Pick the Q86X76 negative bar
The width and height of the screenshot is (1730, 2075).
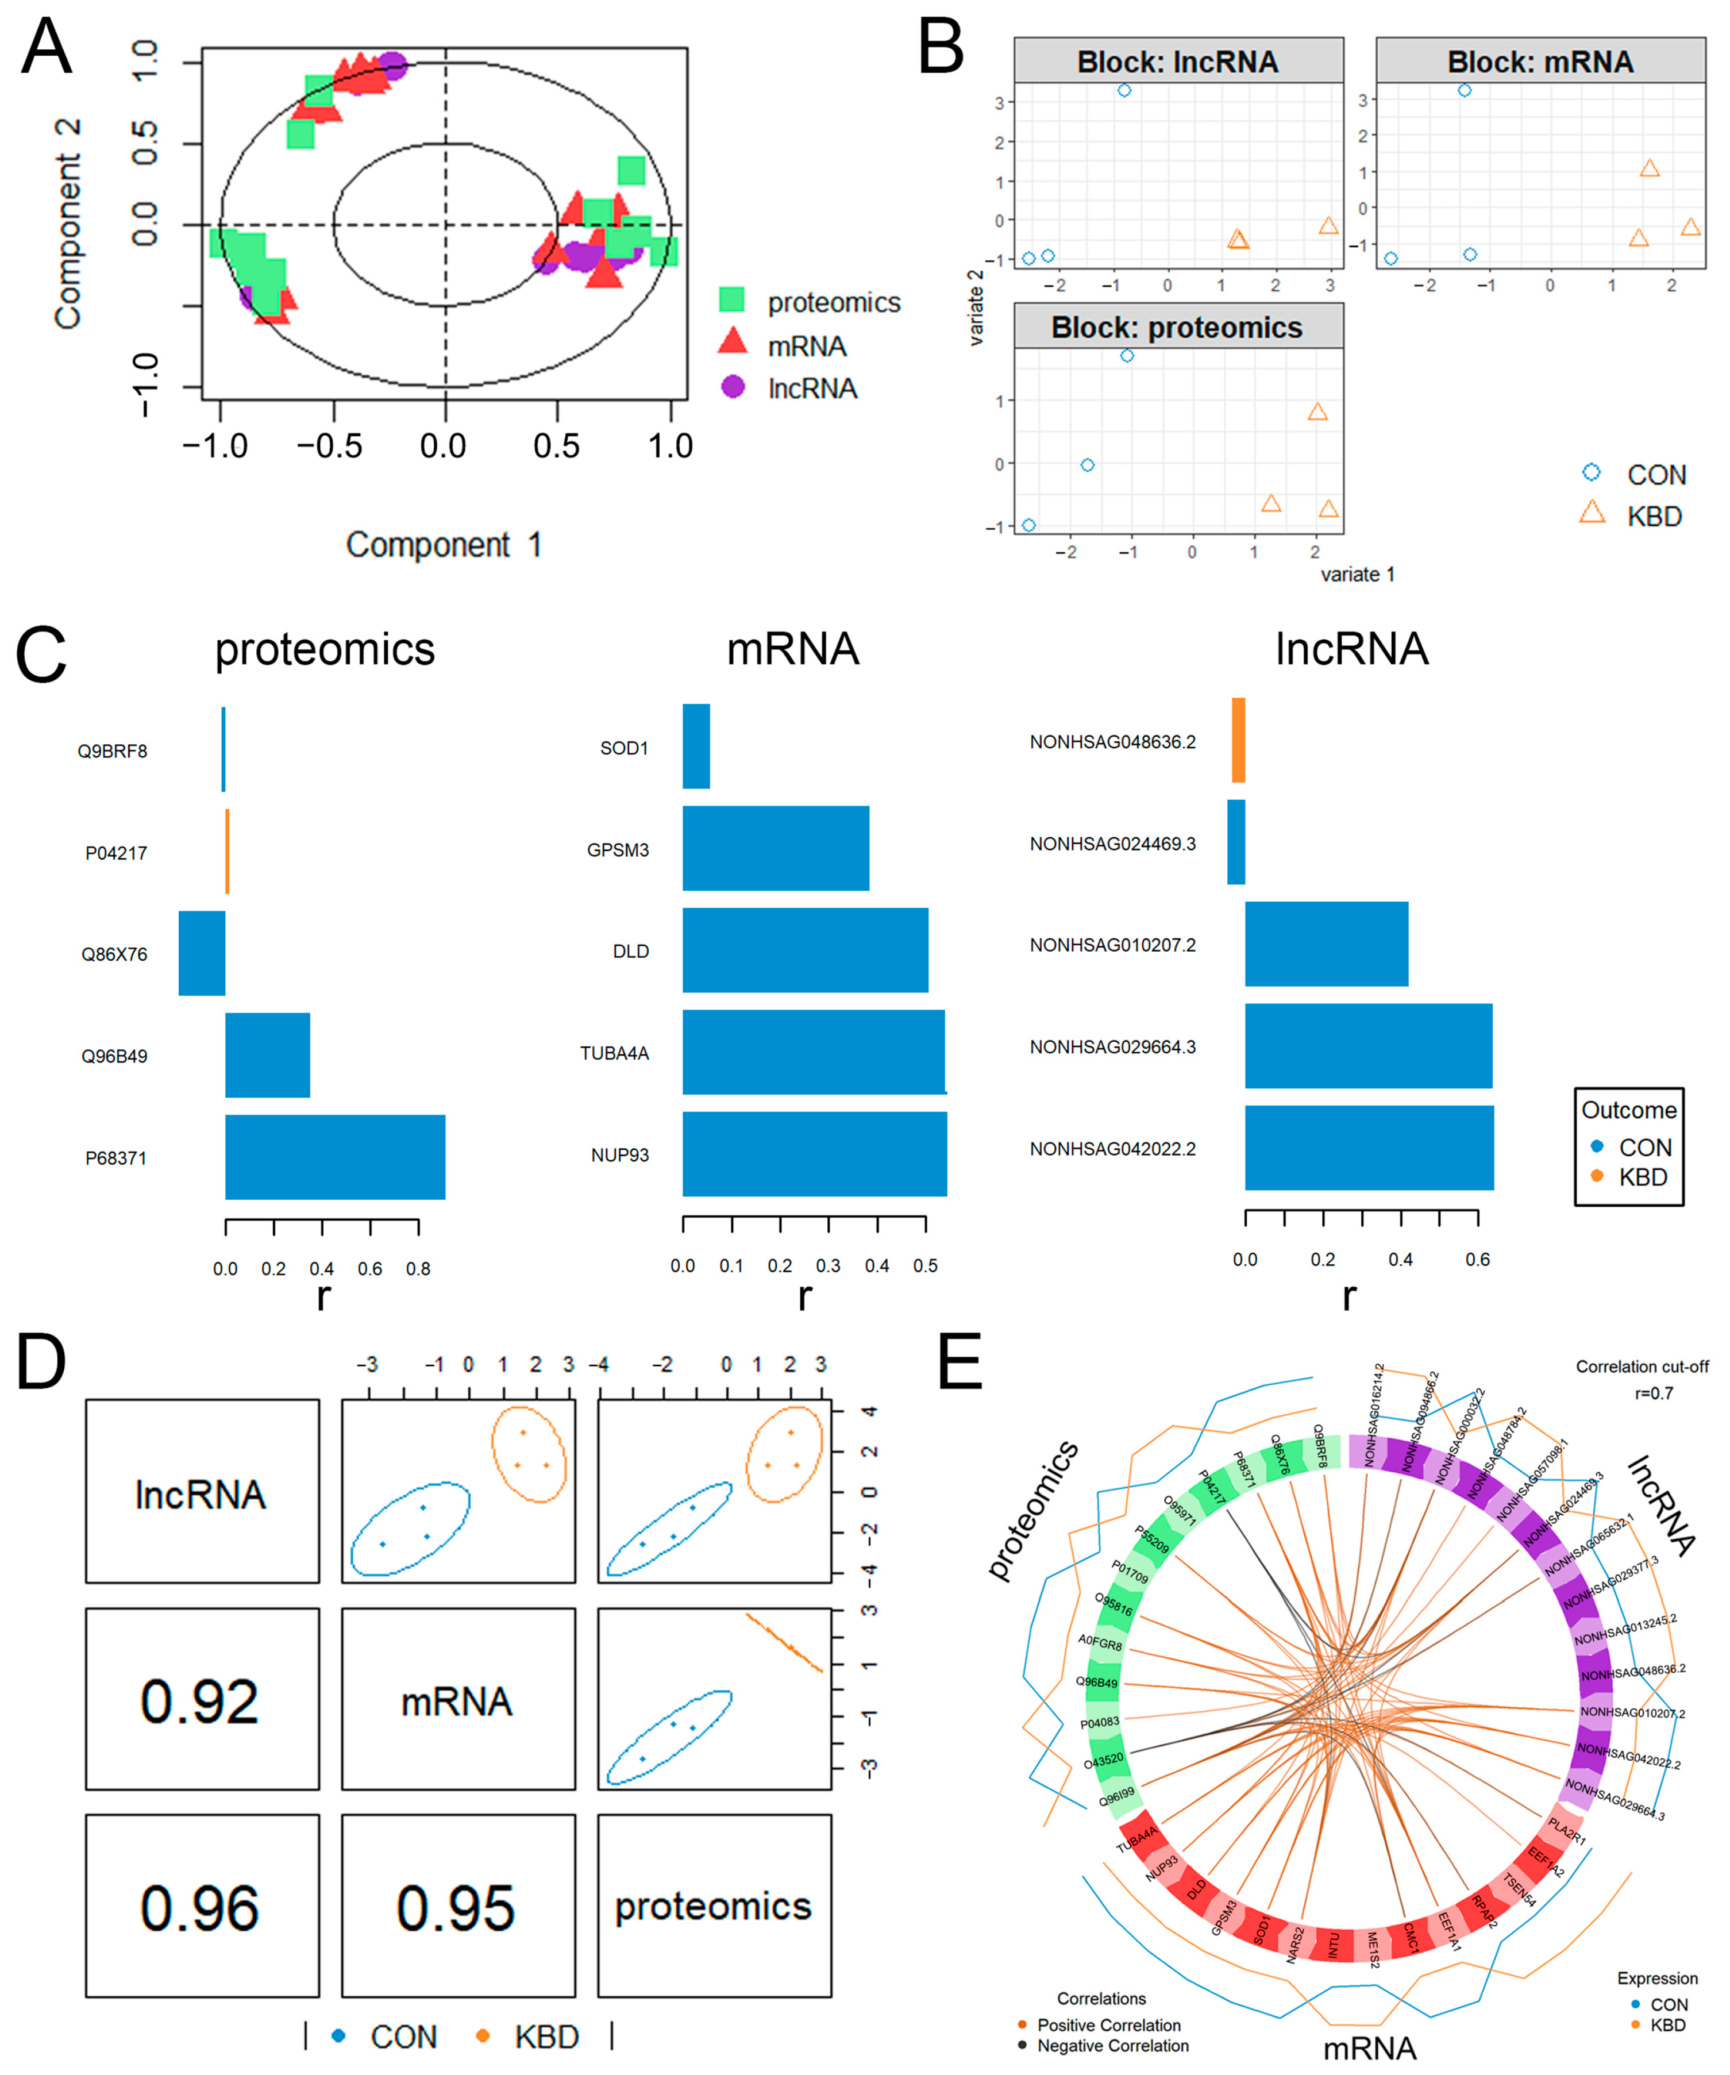[x=202, y=953]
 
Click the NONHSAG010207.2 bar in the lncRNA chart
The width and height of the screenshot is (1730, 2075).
[x=1326, y=944]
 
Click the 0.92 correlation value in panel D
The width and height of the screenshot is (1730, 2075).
[x=201, y=1701]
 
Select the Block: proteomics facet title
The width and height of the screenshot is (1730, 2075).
[x=1177, y=327]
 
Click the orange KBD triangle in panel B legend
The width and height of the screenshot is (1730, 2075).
[x=1592, y=512]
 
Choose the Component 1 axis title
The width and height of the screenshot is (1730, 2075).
[x=444, y=544]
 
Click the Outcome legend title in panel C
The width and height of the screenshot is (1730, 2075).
[x=1628, y=1110]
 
